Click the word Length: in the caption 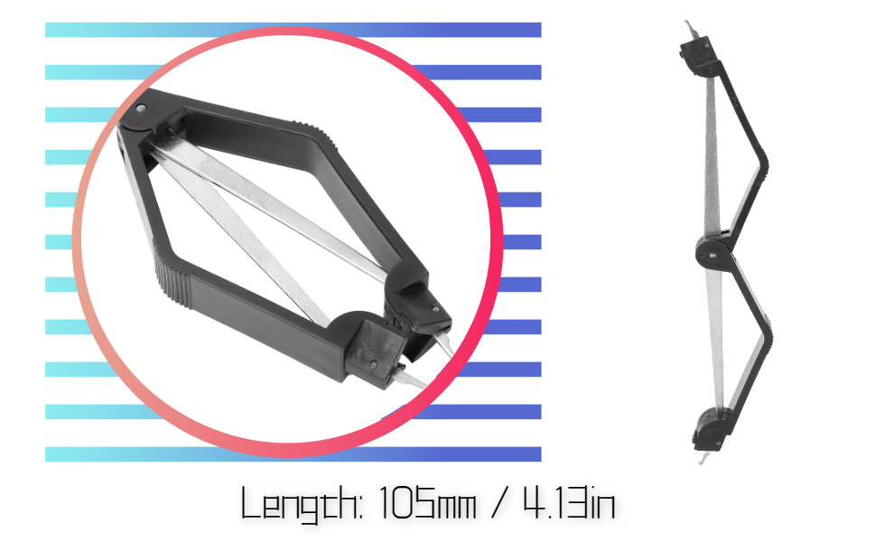[x=301, y=505]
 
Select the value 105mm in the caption [x=427, y=502]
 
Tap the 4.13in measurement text [x=569, y=502]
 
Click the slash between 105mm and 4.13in [x=499, y=502]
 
